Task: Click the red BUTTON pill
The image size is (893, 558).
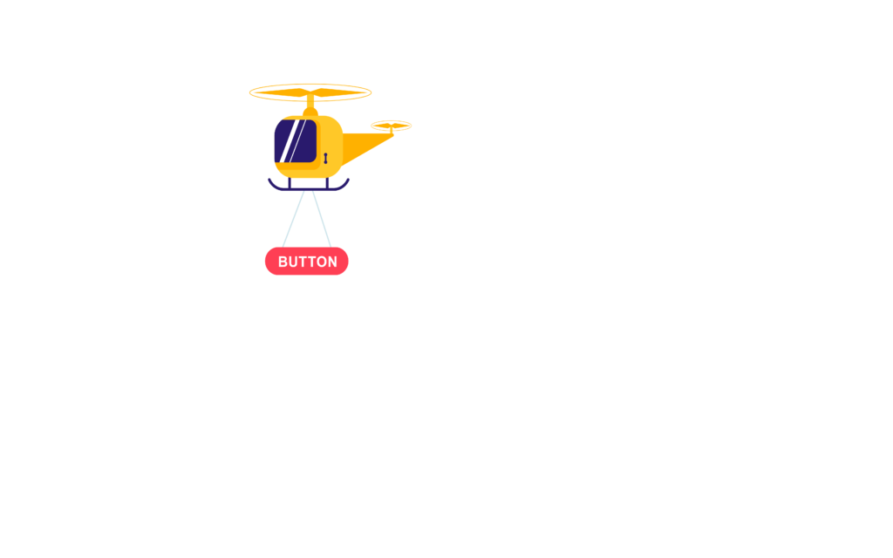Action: coord(306,262)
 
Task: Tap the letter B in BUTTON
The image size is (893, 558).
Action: coord(283,262)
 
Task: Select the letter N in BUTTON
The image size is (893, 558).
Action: coord(332,262)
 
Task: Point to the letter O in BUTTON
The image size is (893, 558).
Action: coord(320,262)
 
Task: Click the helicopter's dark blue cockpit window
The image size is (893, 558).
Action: coord(296,140)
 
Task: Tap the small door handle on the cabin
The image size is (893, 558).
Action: coord(326,159)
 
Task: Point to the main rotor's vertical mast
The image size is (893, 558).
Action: coord(310,102)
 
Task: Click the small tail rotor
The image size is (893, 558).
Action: coord(392,126)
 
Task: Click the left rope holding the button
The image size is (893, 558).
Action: coord(293,219)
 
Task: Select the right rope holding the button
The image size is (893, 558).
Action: coord(322,219)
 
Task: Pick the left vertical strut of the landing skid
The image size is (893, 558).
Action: coord(290,183)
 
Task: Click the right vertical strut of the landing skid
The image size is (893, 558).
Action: coord(328,183)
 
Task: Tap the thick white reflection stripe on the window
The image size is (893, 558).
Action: coord(288,141)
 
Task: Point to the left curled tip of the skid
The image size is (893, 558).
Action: coord(270,181)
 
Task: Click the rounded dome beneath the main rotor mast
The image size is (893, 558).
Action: coord(310,112)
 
